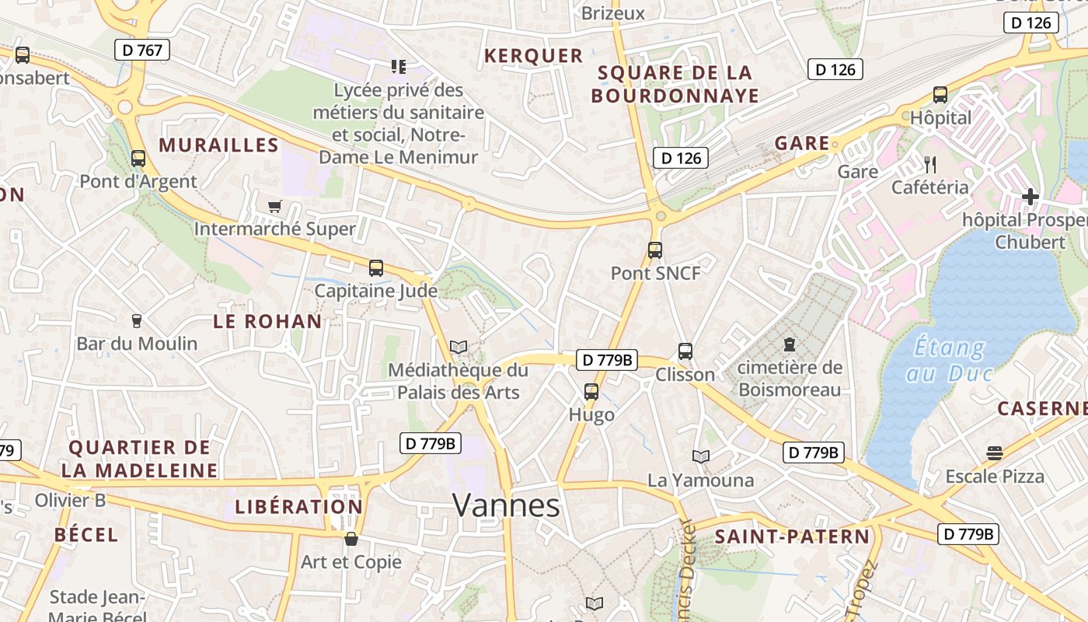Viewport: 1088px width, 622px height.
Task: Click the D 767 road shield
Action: pyautogui.click(x=142, y=51)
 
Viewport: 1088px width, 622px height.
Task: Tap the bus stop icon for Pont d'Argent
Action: pyautogui.click(x=138, y=159)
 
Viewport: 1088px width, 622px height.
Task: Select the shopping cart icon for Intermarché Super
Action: pyautogui.click(x=274, y=206)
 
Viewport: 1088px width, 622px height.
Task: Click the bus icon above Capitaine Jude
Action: pyautogui.click(x=376, y=268)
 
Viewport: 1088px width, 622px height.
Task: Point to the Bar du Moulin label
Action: pyautogui.click(x=137, y=343)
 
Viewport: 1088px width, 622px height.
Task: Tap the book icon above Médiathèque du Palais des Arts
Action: pyautogui.click(x=459, y=347)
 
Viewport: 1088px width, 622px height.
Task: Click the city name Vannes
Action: pyautogui.click(x=506, y=505)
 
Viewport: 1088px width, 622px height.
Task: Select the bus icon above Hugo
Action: pyautogui.click(x=591, y=392)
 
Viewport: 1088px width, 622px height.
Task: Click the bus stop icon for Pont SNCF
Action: pyautogui.click(x=655, y=250)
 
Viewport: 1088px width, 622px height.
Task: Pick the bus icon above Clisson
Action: pyautogui.click(x=685, y=351)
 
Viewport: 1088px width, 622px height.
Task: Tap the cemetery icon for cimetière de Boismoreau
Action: pyautogui.click(x=790, y=344)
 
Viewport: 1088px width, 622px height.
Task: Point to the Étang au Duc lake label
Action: pyautogui.click(x=950, y=360)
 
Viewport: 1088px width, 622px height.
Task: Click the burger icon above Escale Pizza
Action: pyautogui.click(x=995, y=453)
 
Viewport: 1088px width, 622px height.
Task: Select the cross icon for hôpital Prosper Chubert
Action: pyautogui.click(x=1030, y=197)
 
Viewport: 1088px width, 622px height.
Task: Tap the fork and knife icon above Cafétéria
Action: pyautogui.click(x=929, y=164)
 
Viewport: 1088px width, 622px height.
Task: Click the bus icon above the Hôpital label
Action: pyautogui.click(x=940, y=96)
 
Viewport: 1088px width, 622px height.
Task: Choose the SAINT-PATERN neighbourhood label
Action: pyautogui.click(x=792, y=536)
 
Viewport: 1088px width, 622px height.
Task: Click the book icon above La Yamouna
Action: pyautogui.click(x=701, y=456)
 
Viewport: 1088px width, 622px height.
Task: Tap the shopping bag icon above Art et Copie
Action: pyautogui.click(x=351, y=539)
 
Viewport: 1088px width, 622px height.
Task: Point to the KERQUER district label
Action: pyautogui.click(x=533, y=56)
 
